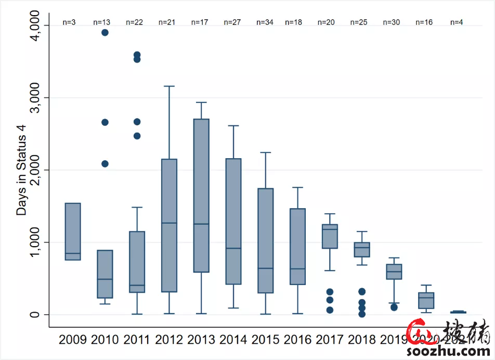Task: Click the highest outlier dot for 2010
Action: coord(105,32)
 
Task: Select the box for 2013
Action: coord(201,195)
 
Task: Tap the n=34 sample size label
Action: coord(265,22)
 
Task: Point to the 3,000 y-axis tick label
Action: coord(33,98)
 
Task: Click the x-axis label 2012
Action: coord(170,340)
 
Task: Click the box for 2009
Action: coord(73,232)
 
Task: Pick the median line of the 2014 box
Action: coord(233,248)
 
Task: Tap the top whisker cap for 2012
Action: coord(169,86)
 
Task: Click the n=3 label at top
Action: coord(69,22)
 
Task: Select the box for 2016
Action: coord(297,247)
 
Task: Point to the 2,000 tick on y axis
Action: coord(33,170)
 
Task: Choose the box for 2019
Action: coord(394,272)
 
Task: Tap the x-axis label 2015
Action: coord(265,340)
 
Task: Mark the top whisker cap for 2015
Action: coord(265,152)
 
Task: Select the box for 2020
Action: coord(426,300)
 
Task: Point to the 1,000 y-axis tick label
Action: coord(33,242)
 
